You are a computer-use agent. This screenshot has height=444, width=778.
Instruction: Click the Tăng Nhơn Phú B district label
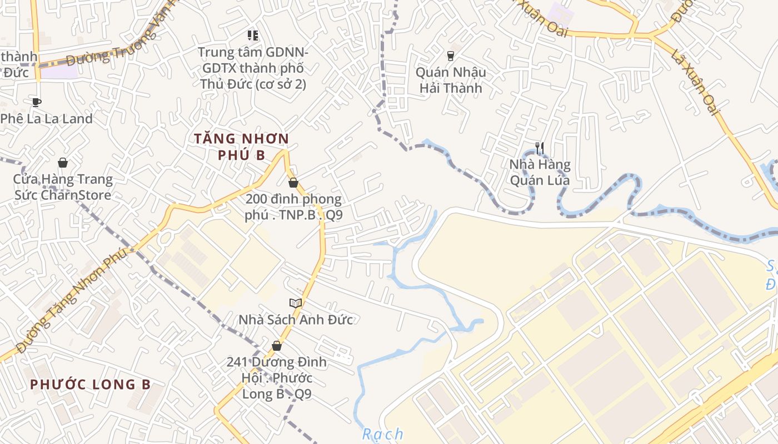tap(242, 147)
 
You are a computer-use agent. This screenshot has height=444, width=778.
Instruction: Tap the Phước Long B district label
tap(91, 384)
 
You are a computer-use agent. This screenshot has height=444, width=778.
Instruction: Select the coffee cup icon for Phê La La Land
tap(37, 102)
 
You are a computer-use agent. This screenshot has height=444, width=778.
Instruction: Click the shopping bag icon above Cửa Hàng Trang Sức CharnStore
tap(63, 163)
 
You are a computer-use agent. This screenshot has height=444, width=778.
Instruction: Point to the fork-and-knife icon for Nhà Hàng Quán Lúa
tap(539, 148)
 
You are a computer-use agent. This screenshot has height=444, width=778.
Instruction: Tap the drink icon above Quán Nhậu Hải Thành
tap(450, 56)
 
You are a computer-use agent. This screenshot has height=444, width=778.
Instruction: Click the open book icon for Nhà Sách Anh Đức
tap(296, 303)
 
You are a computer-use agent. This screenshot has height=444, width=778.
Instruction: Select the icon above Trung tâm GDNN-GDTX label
tap(253, 36)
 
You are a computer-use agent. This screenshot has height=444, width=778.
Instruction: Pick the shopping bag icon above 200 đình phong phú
tap(293, 183)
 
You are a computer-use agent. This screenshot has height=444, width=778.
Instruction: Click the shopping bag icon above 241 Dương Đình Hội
tap(277, 346)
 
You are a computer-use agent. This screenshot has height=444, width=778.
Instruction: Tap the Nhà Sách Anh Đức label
tap(296, 320)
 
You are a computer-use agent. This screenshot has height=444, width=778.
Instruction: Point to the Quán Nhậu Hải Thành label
tap(451, 80)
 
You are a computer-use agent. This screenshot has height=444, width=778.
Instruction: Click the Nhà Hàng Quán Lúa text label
tap(540, 172)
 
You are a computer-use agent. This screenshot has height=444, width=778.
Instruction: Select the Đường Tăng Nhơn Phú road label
tap(72, 300)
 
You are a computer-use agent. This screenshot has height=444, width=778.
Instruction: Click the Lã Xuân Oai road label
tap(695, 82)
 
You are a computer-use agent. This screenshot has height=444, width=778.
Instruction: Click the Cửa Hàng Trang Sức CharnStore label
tap(63, 187)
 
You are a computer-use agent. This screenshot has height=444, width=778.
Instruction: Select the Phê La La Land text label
tap(46, 119)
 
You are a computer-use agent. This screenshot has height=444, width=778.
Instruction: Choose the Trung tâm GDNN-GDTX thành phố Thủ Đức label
tap(253, 68)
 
